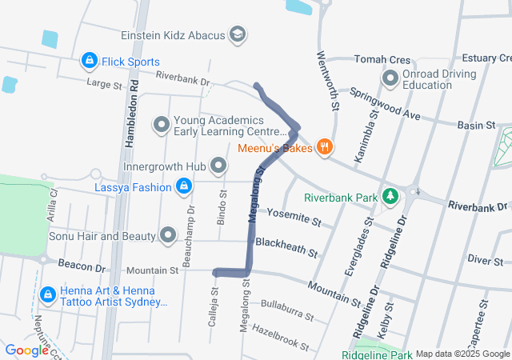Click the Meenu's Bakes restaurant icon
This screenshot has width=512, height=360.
coord(324,146)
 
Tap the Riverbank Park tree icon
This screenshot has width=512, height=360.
coord(390,196)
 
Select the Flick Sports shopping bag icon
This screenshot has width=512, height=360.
coord(89,61)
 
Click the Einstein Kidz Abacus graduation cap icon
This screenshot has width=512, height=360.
coord(238,35)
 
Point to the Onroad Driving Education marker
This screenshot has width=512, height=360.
coord(390,79)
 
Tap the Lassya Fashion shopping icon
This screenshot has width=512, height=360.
coord(184,186)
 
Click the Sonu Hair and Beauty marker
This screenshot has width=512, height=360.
coord(168,235)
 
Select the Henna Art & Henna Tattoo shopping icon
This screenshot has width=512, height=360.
coord(48,295)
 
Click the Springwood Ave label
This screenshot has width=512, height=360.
coord(384,104)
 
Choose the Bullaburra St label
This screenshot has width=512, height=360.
coord(286,312)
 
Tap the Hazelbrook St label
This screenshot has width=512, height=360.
coord(280,337)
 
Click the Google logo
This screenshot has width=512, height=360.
coord(27,350)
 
